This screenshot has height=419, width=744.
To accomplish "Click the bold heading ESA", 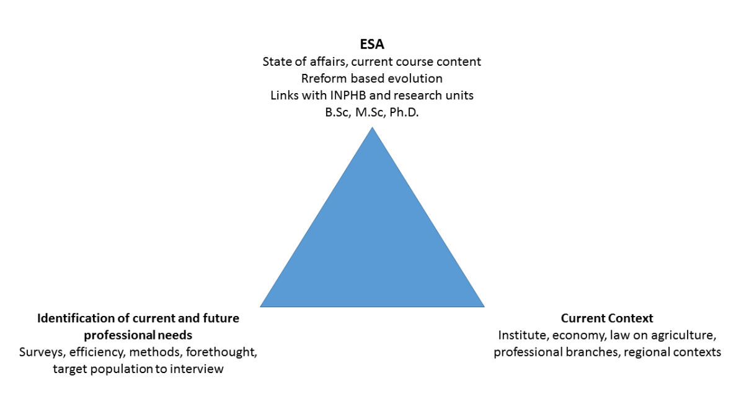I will [x=372, y=45].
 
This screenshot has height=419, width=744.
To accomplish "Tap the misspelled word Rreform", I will [x=322, y=79].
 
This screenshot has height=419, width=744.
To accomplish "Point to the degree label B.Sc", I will [x=337, y=112].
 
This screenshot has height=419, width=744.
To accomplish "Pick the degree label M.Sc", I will [x=370, y=112].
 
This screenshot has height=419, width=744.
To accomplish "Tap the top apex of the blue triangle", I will [x=372, y=128].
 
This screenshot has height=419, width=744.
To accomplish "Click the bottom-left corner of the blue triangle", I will [x=261, y=306].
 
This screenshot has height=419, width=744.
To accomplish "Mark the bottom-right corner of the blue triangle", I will [x=484, y=306].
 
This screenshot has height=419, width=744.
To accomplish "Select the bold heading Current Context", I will [x=607, y=318].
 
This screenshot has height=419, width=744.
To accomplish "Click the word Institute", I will [x=520, y=335].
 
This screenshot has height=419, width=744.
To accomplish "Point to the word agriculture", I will [x=686, y=335].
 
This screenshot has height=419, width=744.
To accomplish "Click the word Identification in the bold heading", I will [x=74, y=318].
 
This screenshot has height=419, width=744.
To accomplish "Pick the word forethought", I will [x=224, y=352].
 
